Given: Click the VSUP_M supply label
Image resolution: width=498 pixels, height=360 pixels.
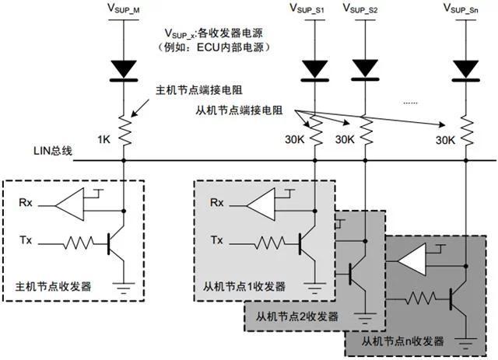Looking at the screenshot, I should click(x=124, y=10).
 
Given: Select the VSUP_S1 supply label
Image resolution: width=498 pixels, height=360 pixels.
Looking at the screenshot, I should click(x=309, y=10).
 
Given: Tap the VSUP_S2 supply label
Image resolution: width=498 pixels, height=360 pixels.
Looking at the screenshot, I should click(x=363, y=10).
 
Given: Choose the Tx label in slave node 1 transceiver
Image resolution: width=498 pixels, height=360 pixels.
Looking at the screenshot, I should click(x=217, y=241).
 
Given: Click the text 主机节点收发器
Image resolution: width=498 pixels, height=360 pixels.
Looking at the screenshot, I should click(x=55, y=286).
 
